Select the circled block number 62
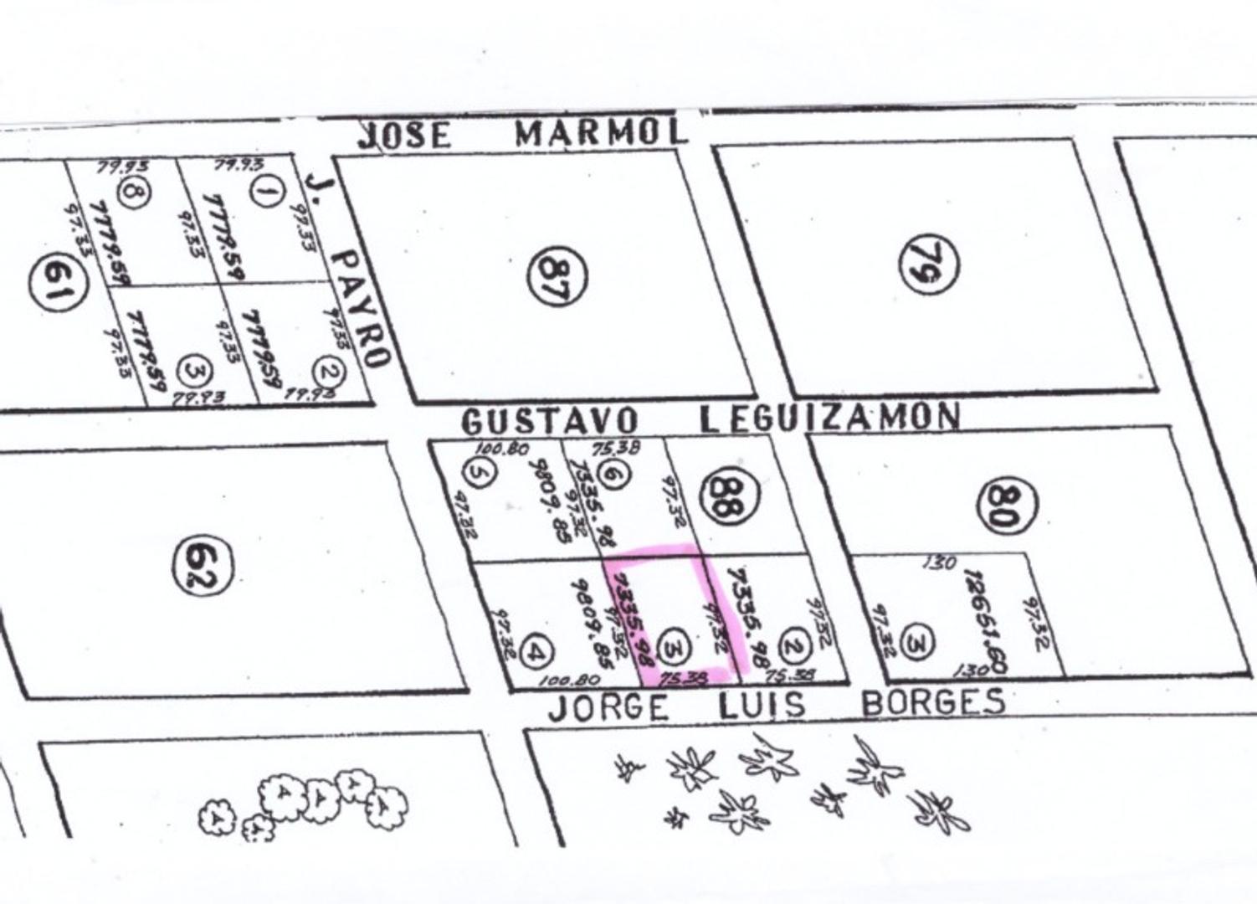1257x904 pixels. pos(203,566)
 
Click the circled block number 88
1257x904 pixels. pos(732,495)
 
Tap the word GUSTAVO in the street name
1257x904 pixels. pos(550,420)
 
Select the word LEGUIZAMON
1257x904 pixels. pos(829,417)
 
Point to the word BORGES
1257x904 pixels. pos(933,701)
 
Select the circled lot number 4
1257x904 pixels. pos(536,651)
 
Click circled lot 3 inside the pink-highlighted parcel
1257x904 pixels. pos(675,647)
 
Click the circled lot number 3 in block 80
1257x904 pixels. pos(919,643)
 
